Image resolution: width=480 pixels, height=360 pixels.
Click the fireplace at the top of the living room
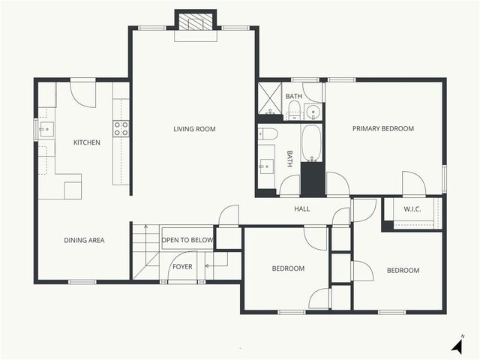pyautogui.click(x=196, y=23)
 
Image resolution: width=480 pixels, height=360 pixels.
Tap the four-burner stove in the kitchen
pyautogui.click(x=121, y=128)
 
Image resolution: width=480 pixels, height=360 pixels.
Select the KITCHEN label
pyautogui.click(x=86, y=142)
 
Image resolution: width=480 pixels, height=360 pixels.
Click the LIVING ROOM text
pyautogui.click(x=194, y=129)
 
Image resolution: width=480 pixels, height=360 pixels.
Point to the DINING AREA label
pyautogui.click(x=84, y=241)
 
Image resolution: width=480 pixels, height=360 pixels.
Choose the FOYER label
pyautogui.click(x=183, y=266)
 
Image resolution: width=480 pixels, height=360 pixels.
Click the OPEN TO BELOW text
pyautogui.click(x=187, y=241)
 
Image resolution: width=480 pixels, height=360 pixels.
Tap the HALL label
pyautogui.click(x=301, y=209)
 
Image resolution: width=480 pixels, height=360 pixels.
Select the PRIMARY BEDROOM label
pyautogui.click(x=383, y=129)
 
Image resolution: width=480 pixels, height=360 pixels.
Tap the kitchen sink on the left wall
pyautogui.click(x=46, y=129)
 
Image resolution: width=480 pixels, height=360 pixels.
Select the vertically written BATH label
pyautogui.click(x=289, y=159)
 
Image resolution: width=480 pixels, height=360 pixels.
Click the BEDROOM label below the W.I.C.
pyautogui.click(x=403, y=271)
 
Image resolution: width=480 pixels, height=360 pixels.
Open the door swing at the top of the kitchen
pyautogui.click(x=82, y=92)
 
